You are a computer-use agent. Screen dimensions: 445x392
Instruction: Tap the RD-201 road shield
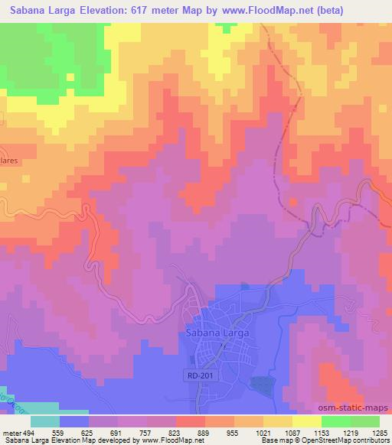(x=197, y=375)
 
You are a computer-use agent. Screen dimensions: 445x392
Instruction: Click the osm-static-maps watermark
(x=358, y=408)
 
